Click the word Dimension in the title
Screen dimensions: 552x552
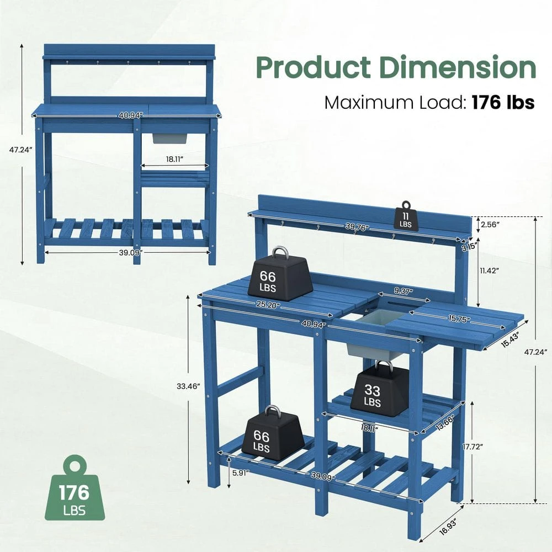(457, 68)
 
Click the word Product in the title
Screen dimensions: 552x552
(313, 68)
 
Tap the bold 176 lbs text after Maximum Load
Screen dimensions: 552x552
(502, 102)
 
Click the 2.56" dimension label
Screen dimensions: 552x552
(490, 225)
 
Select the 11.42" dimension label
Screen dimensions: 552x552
(490, 270)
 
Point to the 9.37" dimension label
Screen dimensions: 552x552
(402, 291)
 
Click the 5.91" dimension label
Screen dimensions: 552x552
(240, 473)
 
